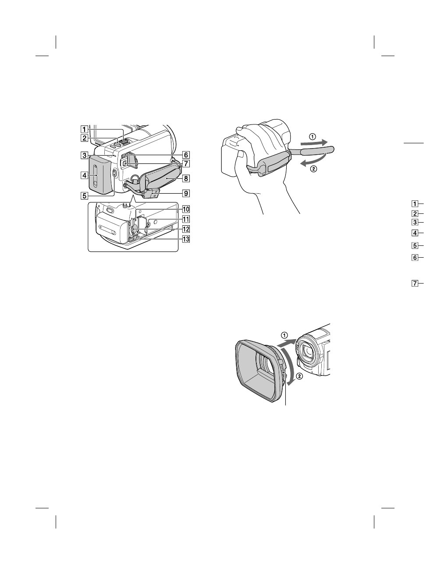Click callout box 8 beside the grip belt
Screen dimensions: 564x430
coord(186,178)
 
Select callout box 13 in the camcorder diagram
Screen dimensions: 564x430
coord(186,239)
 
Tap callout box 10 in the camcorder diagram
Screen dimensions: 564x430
coord(186,209)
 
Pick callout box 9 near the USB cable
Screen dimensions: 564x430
coord(186,192)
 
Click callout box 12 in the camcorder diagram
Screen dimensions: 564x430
coord(186,229)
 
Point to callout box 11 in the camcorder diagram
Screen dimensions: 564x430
coord(186,219)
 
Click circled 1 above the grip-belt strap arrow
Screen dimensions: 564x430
coord(312,136)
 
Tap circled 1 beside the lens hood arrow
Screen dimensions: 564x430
coord(285,335)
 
